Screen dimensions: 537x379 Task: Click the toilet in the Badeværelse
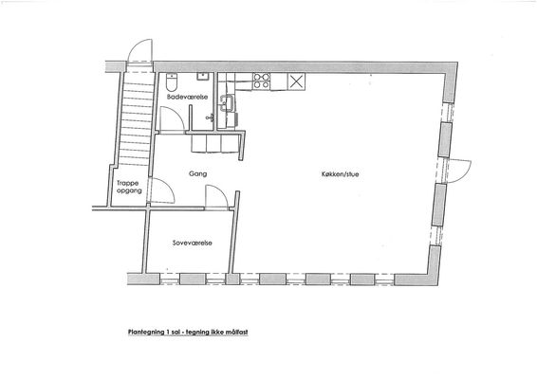pyautogui.click(x=171, y=82)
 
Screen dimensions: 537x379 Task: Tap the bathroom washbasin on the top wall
pyautogui.click(x=202, y=76)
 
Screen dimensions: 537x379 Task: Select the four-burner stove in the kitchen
pyautogui.click(x=261, y=81)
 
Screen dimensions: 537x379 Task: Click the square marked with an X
pyautogui.click(x=296, y=81)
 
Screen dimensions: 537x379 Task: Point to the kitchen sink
pyautogui.click(x=228, y=103)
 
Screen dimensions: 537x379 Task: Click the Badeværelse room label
pyautogui.click(x=187, y=97)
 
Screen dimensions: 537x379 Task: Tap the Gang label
pyautogui.click(x=198, y=173)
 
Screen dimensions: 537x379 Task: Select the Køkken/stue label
pyautogui.click(x=340, y=174)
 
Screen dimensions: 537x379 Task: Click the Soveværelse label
pyautogui.click(x=193, y=243)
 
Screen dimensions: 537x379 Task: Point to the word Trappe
pyautogui.click(x=128, y=184)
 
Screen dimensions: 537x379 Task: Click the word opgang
pyautogui.click(x=129, y=190)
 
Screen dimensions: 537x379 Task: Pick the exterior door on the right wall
pyautogui.click(x=459, y=171)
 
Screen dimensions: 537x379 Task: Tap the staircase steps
pyautogui.click(x=137, y=119)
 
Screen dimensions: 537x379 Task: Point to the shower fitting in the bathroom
pyautogui.click(x=210, y=118)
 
